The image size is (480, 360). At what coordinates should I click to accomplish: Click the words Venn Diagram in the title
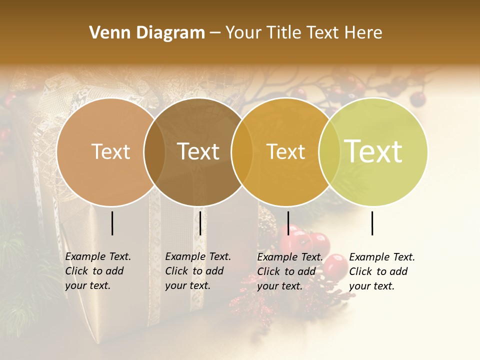point(147,33)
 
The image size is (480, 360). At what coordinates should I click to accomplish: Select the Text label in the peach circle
point(110,151)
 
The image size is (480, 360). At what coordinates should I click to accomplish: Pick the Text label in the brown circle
point(198,151)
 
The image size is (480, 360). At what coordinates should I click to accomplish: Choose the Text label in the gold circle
point(286,151)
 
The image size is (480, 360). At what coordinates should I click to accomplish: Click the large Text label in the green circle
point(373,151)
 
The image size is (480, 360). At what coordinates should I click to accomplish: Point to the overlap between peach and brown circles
point(154,151)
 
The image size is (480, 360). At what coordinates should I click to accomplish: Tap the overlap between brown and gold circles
point(242,151)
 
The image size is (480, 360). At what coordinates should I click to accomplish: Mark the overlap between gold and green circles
point(328,151)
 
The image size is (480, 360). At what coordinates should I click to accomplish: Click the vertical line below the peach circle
point(112,223)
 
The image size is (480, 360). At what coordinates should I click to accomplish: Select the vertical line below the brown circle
point(200,223)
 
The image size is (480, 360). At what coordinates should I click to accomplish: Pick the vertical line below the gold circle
point(288,223)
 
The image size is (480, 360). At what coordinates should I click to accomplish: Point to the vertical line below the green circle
point(372,223)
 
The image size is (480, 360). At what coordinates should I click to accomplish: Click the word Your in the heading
point(244,33)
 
